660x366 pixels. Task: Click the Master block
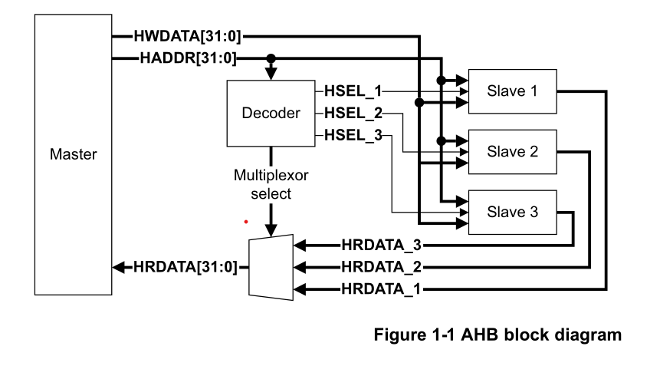click(74, 153)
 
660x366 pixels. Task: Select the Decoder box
click(271, 114)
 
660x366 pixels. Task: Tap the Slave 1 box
click(511, 91)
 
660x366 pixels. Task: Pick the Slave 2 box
click(511, 151)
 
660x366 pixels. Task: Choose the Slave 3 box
click(511, 212)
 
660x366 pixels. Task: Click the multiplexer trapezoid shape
click(271, 267)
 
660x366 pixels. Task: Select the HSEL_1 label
click(353, 91)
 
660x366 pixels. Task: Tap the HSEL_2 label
click(353, 114)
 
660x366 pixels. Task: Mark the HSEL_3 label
click(353, 136)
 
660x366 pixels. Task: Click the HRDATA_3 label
click(382, 246)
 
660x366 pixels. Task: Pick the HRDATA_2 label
click(382, 268)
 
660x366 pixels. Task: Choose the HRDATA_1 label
click(382, 289)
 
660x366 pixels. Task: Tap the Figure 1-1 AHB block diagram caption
click(497, 335)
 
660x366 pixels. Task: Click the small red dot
click(246, 222)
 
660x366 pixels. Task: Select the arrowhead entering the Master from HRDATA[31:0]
click(119, 267)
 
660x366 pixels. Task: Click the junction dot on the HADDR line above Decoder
click(271, 58)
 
